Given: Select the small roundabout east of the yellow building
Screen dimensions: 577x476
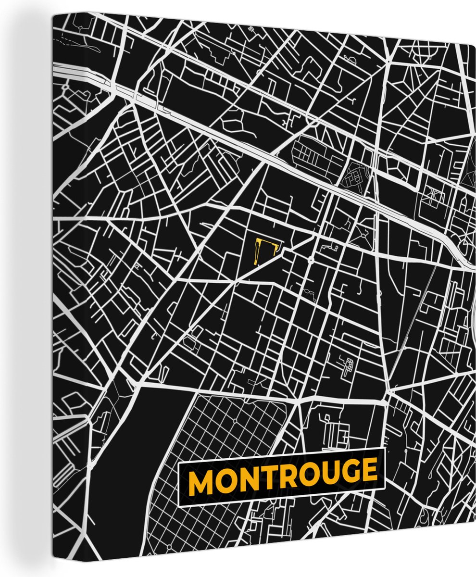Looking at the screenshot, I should click(x=312, y=260).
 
